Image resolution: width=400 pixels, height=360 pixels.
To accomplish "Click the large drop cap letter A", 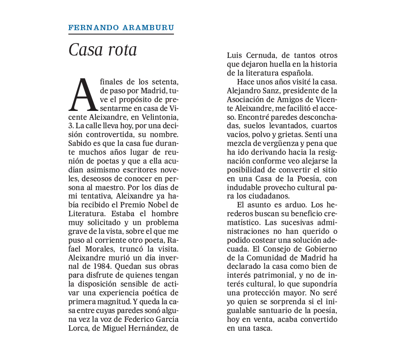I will (x=83, y=95).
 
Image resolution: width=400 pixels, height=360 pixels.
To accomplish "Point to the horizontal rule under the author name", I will (x=121, y=34).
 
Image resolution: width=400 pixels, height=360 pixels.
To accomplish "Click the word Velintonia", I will (x=158, y=117).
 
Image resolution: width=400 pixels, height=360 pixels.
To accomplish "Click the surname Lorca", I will (x=78, y=328).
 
